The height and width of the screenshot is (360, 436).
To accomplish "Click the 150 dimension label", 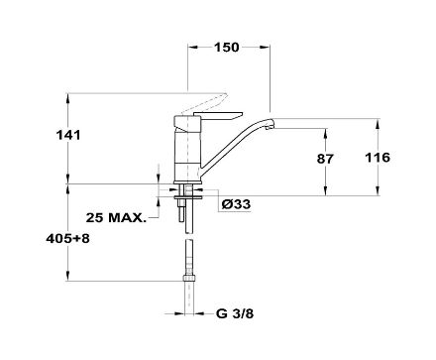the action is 226,48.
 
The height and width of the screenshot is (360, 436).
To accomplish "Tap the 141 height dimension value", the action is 68,135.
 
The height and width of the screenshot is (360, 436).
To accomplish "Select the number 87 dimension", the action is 325,159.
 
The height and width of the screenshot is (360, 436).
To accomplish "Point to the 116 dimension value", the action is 378,158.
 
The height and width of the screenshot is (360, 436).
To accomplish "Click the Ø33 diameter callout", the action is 236,204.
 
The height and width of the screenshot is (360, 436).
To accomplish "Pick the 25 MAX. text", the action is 116,217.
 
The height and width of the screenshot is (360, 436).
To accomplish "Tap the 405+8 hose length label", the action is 67,238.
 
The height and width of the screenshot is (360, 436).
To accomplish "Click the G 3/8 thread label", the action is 235,313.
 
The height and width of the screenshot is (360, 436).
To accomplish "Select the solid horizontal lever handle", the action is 218,115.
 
